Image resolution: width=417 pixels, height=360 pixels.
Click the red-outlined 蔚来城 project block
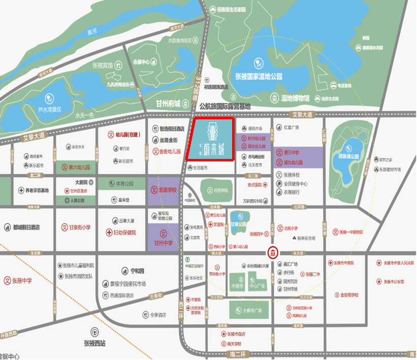point(210,139)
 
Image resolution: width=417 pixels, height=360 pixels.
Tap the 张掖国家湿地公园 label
point(258,77)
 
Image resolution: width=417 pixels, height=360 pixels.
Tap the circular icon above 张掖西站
point(94,332)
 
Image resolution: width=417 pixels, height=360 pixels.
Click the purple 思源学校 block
point(164,190)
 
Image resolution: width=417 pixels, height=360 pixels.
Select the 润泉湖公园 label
point(347,156)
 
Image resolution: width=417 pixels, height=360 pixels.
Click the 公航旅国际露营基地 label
point(225,107)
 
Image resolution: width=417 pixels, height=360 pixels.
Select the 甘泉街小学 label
point(76,227)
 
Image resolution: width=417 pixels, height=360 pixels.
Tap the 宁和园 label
point(131,271)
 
